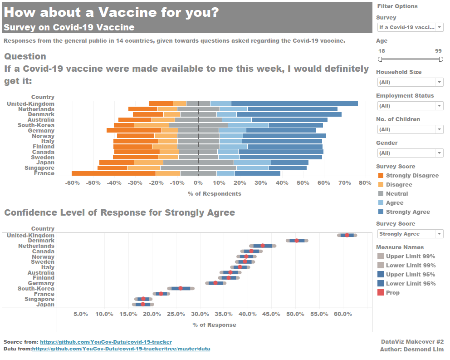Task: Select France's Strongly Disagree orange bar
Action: click(x=113, y=173)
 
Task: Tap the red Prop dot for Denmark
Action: click(x=297, y=241)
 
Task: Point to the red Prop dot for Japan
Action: click(x=143, y=304)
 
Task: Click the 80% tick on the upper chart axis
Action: click(x=365, y=183)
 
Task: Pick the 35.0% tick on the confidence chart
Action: click(x=224, y=314)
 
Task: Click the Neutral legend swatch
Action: click(x=380, y=194)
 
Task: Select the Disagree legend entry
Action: click(x=399, y=185)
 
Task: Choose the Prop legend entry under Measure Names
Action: click(x=393, y=293)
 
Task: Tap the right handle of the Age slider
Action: click(x=440, y=59)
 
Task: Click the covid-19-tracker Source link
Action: click(x=106, y=342)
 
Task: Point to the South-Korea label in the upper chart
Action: click(x=36, y=125)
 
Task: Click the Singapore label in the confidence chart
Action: click(x=39, y=299)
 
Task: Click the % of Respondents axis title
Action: click(x=215, y=194)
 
